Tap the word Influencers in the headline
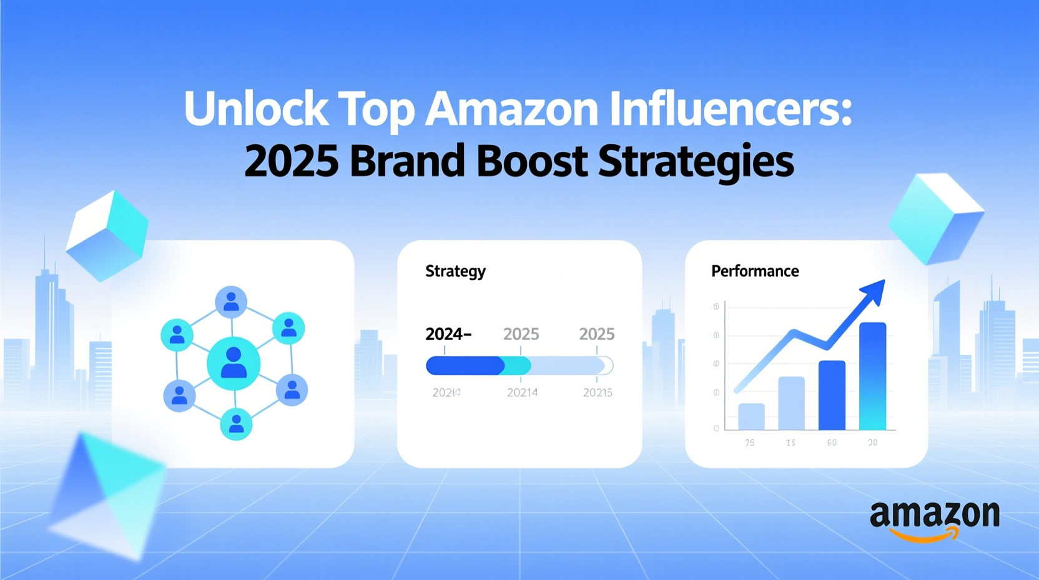[x=731, y=109]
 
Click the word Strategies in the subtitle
[x=696, y=161]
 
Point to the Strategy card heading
[x=455, y=271]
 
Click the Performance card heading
[x=755, y=271]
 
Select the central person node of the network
[x=234, y=363]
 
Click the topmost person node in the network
[x=231, y=302]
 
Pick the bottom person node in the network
[x=236, y=424]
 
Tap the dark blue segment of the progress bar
[x=465, y=366]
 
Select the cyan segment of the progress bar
[x=518, y=366]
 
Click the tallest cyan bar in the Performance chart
[x=872, y=376]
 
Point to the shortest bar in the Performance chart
[x=751, y=416]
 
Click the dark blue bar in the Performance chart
[x=832, y=395]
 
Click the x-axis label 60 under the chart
[x=832, y=442]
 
